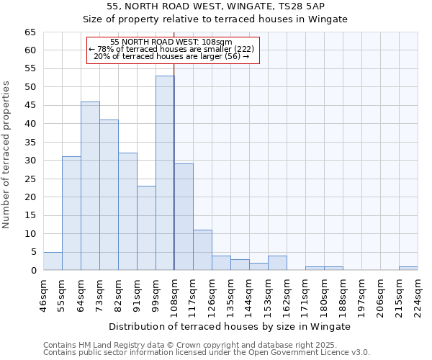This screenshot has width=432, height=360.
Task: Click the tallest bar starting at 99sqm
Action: coord(165,173)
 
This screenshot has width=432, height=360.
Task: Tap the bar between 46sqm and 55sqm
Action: coord(53,261)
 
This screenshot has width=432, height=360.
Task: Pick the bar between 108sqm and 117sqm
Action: coord(184,217)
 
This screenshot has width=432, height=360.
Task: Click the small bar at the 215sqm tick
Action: coord(408,269)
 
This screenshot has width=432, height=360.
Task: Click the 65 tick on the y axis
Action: coord(30,32)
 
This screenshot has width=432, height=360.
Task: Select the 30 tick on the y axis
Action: coord(30,161)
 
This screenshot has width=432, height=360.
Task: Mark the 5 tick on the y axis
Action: coord(33,252)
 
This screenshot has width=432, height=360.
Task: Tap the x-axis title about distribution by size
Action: coord(230,326)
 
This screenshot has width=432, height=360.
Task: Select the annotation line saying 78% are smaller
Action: coord(172,49)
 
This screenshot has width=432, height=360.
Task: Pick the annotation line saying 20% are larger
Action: coord(172,56)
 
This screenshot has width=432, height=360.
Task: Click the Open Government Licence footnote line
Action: coord(207,352)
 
